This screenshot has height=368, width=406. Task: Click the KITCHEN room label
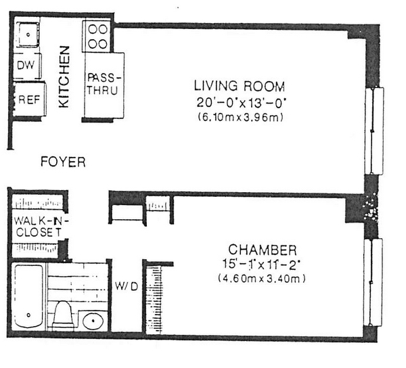64,77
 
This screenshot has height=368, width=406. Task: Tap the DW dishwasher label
26,65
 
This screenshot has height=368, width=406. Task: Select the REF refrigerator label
30,99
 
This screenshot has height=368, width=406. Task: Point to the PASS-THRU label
104,84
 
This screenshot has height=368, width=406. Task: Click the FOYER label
63,162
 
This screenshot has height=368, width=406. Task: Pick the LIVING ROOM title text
240,86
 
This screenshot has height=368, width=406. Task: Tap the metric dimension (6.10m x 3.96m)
240,117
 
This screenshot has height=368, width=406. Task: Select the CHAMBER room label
263,250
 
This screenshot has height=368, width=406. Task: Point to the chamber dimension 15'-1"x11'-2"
261,264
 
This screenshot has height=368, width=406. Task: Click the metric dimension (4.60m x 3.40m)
262,279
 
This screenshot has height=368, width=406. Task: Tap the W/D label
127,286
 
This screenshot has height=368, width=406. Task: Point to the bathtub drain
28,315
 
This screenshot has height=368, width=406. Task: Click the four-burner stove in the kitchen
97,37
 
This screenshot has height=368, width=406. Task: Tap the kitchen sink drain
28,34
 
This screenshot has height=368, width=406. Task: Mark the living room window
374,131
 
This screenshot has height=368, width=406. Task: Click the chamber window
373,282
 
